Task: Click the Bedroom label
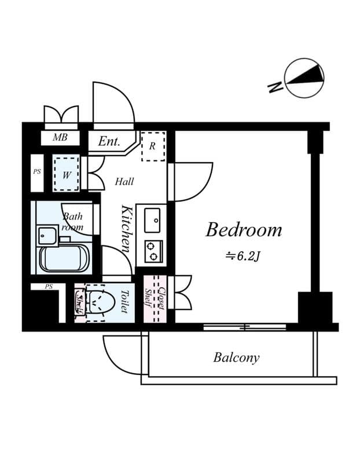[x=244, y=230]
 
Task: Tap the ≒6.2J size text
[x=244, y=255]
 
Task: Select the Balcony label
[x=236, y=357]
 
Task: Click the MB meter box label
[x=60, y=138]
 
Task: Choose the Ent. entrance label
[x=108, y=141]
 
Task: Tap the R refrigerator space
[x=153, y=146]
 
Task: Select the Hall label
[x=124, y=182]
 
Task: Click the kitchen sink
[x=153, y=219]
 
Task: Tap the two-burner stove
[x=153, y=249]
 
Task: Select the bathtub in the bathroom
[x=63, y=258]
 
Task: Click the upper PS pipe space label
[x=37, y=172]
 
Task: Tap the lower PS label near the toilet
[x=49, y=286]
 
